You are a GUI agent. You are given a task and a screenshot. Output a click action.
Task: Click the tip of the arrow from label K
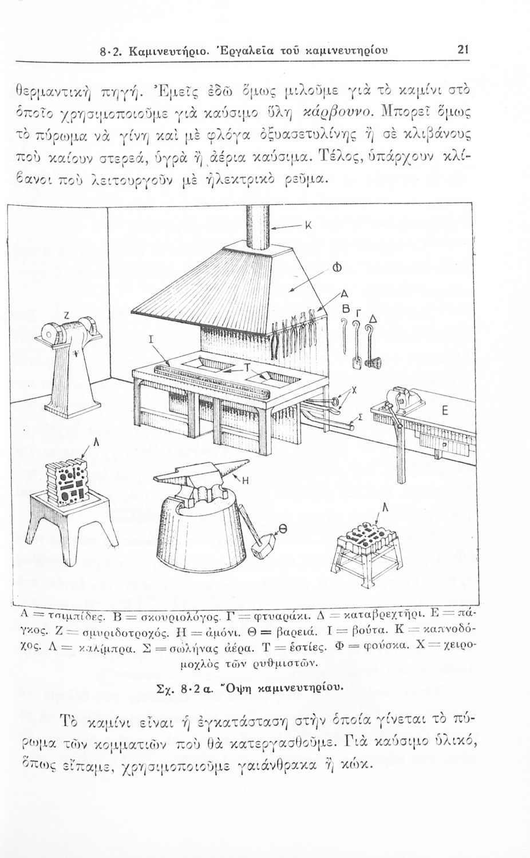pos(271,229)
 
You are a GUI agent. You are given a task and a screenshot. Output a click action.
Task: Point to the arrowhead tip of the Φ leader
pos(288,292)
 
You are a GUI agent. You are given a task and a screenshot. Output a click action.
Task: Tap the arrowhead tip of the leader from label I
pos(171,366)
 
